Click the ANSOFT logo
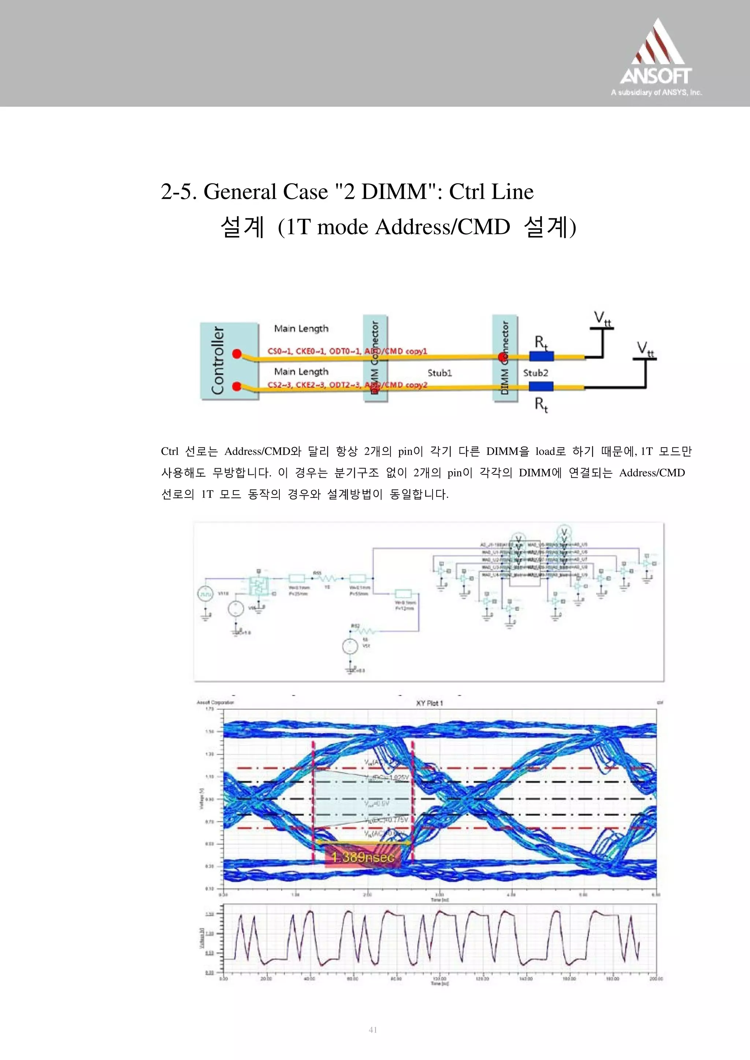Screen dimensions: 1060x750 (x=656, y=58)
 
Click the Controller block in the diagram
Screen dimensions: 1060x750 (x=229, y=361)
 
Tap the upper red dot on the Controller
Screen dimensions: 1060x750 (x=237, y=354)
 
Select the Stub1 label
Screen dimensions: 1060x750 (x=439, y=373)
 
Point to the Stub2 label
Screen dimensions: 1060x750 (x=535, y=373)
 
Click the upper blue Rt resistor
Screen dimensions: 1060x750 (x=541, y=356)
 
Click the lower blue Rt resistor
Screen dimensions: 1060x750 (x=541, y=386)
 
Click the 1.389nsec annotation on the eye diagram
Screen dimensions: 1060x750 (x=363, y=857)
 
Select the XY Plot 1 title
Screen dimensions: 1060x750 (x=429, y=703)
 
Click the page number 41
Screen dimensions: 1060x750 (x=373, y=1030)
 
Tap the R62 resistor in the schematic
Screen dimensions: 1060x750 (x=365, y=631)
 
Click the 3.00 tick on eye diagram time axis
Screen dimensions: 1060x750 (x=439, y=895)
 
